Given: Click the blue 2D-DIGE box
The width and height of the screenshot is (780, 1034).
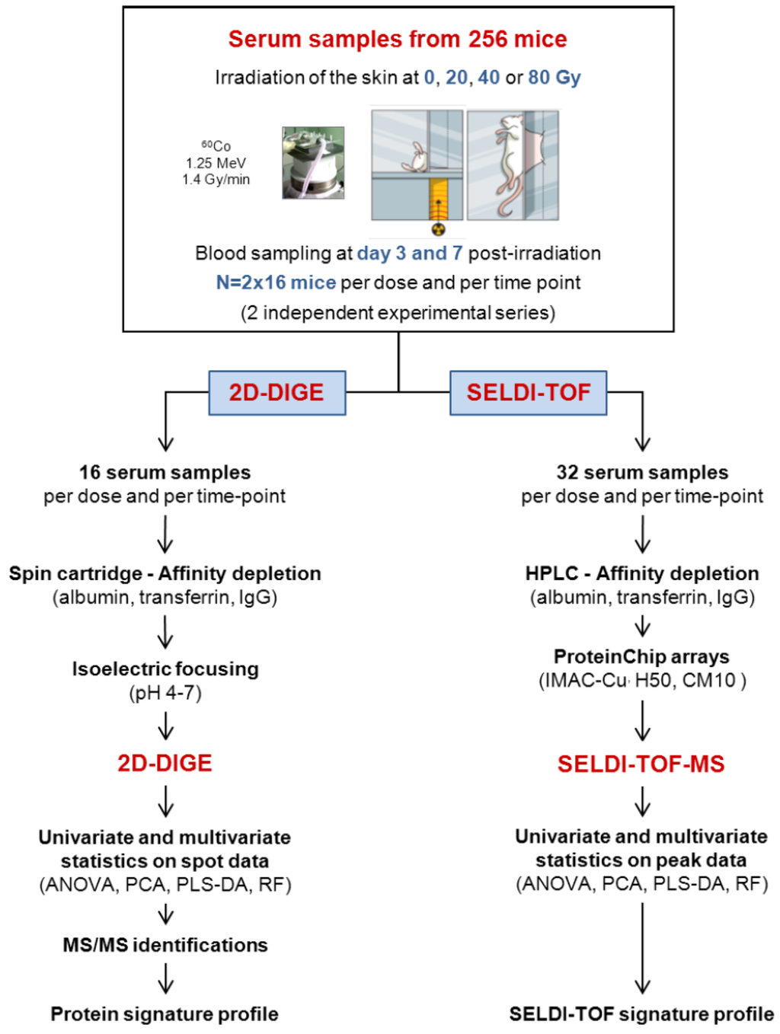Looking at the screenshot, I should click(277, 393).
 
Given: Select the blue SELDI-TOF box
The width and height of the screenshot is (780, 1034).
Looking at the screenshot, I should click(528, 393).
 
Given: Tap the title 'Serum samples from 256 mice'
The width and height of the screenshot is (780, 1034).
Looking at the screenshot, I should click(398, 40).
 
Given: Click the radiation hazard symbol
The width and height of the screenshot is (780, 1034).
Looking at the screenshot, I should click(438, 229).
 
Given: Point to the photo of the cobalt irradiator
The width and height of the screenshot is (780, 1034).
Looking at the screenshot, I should click(313, 163).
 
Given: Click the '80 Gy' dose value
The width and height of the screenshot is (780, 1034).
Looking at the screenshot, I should click(555, 78).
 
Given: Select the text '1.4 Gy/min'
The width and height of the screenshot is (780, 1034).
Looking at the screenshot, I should click(216, 180).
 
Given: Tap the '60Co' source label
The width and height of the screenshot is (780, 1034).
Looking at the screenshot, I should click(216, 145).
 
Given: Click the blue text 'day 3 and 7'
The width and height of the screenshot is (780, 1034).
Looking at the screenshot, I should click(410, 254).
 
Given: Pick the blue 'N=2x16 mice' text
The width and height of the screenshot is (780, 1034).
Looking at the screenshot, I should click(276, 282).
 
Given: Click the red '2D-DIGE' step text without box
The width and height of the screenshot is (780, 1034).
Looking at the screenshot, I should click(165, 763).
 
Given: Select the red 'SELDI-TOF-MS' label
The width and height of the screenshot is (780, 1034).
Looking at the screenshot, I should click(641, 764).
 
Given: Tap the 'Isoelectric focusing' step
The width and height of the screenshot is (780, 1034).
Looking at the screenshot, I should click(165, 669).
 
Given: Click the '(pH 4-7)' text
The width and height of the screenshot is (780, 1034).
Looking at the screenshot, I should click(165, 693).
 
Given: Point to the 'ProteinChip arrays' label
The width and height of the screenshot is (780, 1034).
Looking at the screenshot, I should click(641, 656).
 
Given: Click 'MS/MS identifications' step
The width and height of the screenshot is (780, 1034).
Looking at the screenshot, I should click(165, 945).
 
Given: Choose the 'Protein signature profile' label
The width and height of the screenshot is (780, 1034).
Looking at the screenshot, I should click(165, 1014).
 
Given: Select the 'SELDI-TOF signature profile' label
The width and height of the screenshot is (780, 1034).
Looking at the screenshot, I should click(641, 1014).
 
